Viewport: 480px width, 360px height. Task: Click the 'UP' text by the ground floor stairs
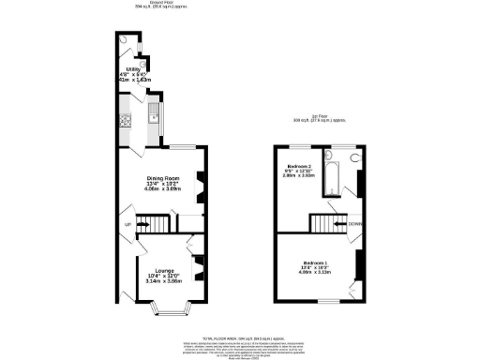coord(127,225)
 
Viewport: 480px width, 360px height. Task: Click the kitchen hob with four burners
coord(125,120)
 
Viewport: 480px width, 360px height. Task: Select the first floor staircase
coord(327,223)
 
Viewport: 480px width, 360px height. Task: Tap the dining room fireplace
coord(199,186)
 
